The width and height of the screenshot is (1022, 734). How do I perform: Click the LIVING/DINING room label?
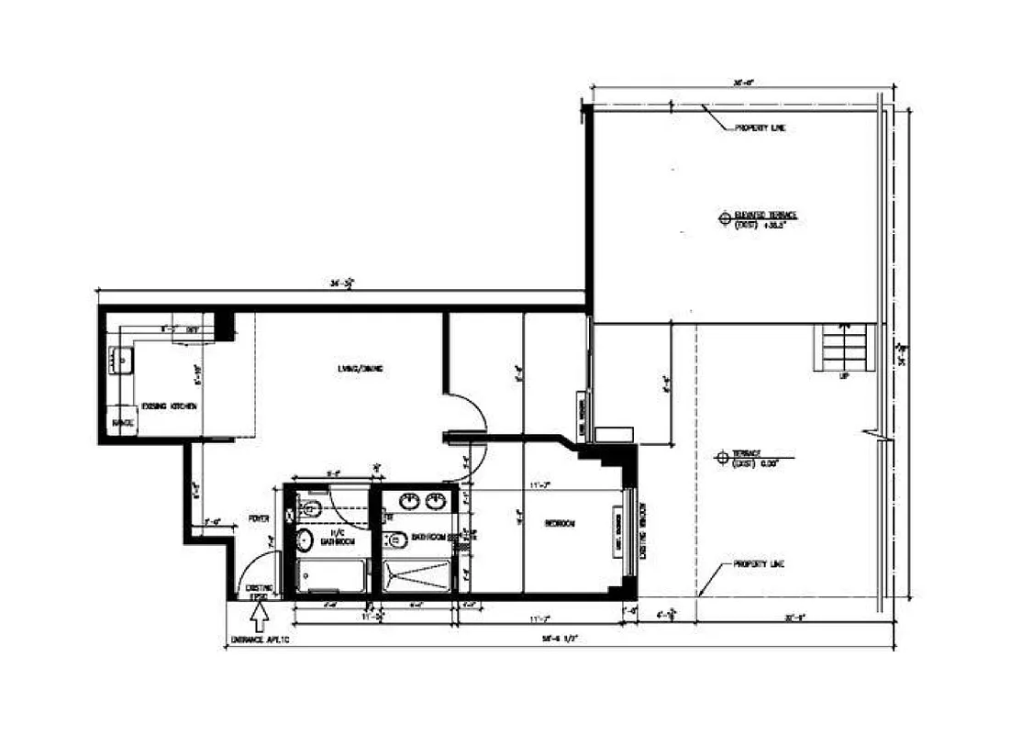click(x=359, y=370)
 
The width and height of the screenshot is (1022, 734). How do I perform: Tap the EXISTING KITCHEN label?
click(x=168, y=406)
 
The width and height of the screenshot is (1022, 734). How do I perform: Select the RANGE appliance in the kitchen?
click(x=124, y=423)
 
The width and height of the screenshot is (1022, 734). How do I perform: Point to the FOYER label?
click(x=259, y=518)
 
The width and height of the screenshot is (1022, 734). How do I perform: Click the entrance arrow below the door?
click(x=259, y=609)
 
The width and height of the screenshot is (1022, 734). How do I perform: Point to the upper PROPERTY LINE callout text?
click(x=760, y=128)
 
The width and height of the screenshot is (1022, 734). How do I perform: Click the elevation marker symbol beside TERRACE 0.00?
click(x=723, y=455)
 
